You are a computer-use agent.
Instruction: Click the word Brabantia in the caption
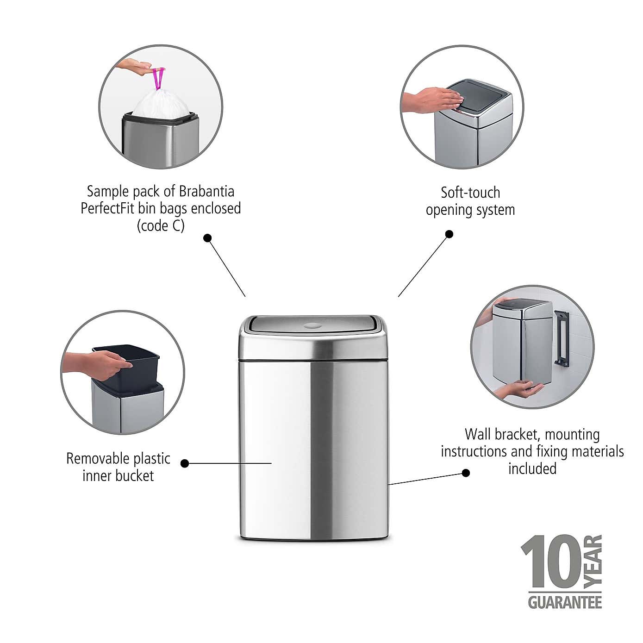206,191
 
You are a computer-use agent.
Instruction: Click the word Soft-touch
470,193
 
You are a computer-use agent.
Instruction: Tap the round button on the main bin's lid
312,326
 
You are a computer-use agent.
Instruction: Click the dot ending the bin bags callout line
208,238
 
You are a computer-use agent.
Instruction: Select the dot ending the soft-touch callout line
449,234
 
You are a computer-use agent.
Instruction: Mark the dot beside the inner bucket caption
185,463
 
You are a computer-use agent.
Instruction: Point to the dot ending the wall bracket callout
466,473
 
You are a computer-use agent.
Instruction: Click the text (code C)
161,225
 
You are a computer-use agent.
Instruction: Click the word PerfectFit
108,208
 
